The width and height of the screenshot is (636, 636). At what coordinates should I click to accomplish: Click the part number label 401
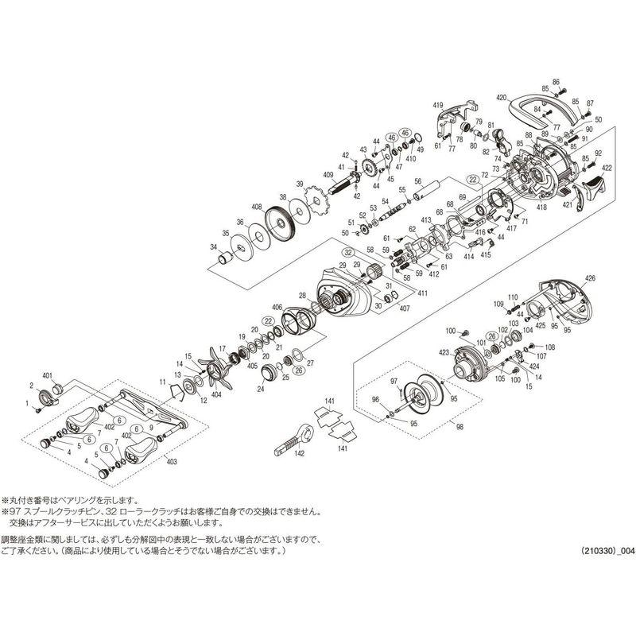[x=46, y=375]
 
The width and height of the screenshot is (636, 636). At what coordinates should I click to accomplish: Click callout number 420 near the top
[x=500, y=97]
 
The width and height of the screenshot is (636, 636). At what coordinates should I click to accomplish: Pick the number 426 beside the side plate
[x=589, y=277]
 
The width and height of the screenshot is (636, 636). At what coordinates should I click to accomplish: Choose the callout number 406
[x=277, y=308]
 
